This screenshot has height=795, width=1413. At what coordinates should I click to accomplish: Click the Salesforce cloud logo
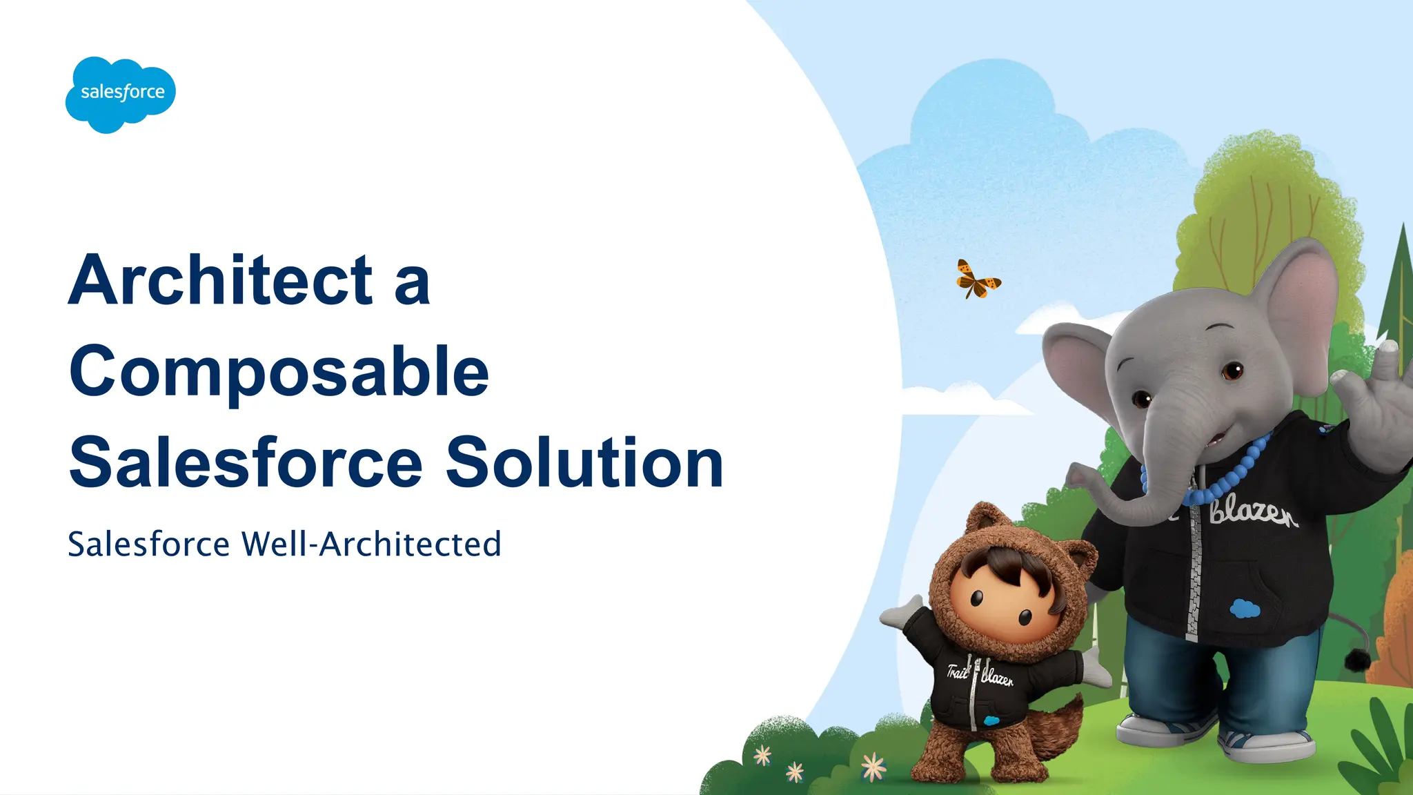(121, 94)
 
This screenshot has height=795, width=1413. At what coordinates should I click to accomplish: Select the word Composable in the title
(279, 373)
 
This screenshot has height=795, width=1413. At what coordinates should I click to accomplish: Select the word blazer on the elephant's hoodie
(1252, 514)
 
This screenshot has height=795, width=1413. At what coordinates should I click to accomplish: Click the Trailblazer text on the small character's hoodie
(980, 673)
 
